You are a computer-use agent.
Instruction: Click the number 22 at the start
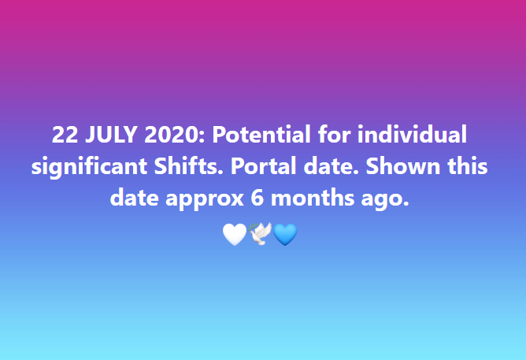point(65,135)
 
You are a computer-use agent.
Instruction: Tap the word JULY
point(111,135)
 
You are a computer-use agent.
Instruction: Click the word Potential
point(261,134)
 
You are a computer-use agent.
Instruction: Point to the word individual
point(412,134)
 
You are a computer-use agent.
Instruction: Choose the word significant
point(89,167)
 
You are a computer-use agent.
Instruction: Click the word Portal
point(263,166)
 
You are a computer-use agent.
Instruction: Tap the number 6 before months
point(257,198)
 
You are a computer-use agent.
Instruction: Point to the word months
point(313,198)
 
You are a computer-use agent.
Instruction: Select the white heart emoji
point(235,235)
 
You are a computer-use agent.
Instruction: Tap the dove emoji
point(260,234)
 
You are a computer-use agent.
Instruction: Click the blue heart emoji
point(285,235)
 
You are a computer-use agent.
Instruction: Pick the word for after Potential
point(334,134)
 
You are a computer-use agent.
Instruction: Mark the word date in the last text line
point(134,198)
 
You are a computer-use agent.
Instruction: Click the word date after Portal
point(331,166)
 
